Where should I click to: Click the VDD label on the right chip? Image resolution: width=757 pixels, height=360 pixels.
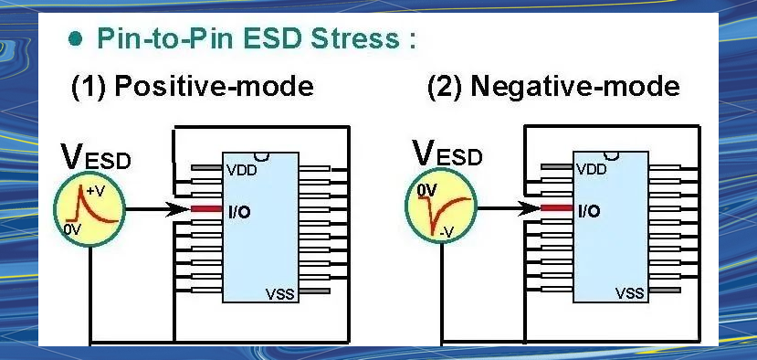click(x=592, y=169)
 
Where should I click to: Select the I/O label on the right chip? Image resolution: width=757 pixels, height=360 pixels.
click(x=589, y=211)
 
